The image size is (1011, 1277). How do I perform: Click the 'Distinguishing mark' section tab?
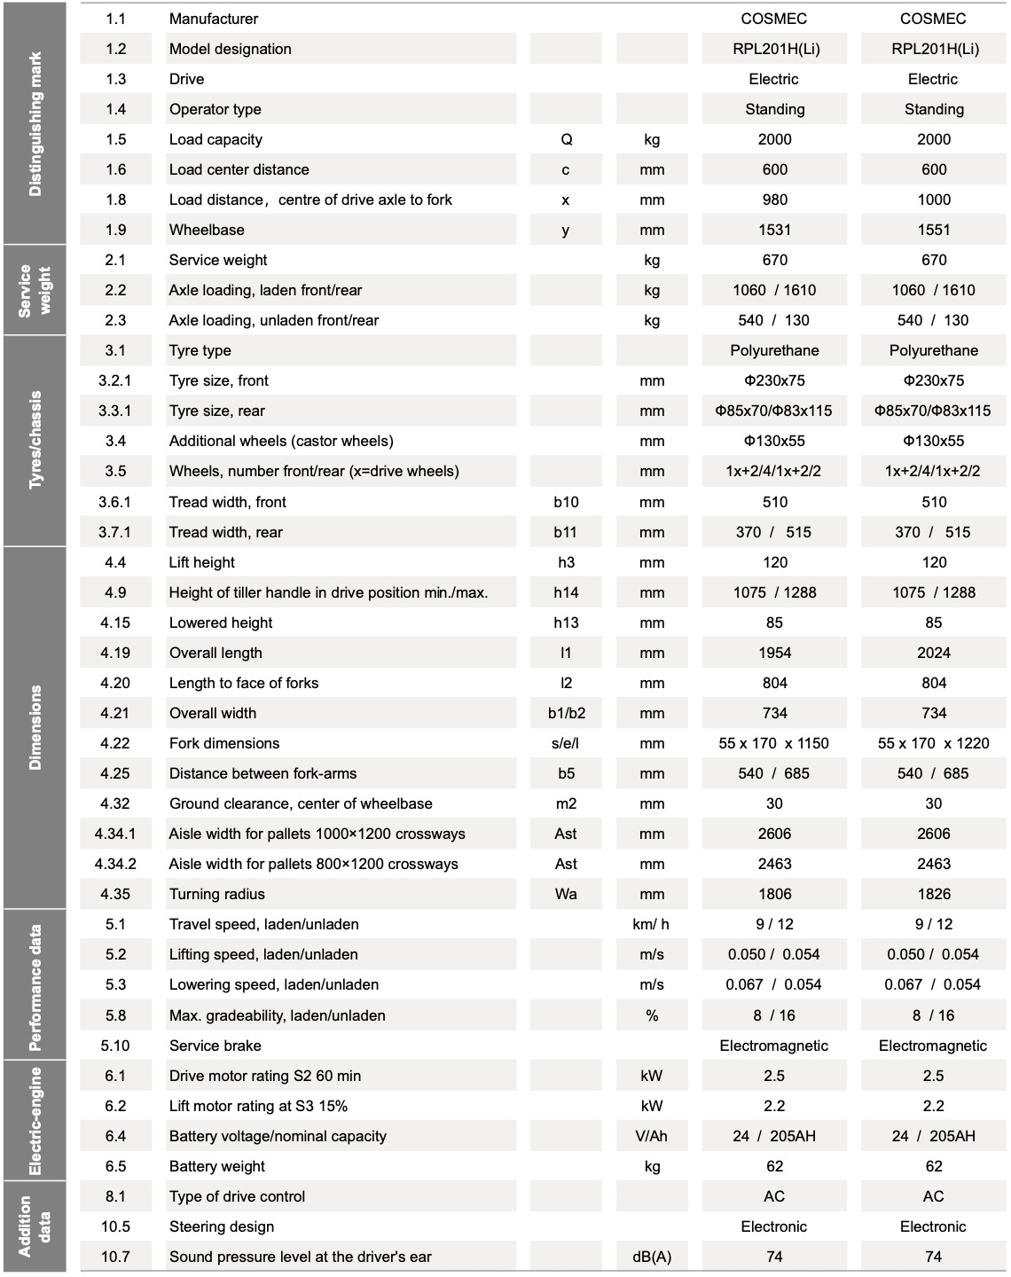pyautogui.click(x=35, y=123)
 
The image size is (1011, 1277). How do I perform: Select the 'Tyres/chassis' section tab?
pyautogui.click(x=35, y=440)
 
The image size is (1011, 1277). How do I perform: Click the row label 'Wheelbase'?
pyautogui.click(x=207, y=230)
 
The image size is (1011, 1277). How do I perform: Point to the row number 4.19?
pyautogui.click(x=115, y=653)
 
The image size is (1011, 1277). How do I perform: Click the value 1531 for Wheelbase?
pyautogui.click(x=774, y=230)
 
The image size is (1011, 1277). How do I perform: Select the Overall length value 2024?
pyautogui.click(x=933, y=653)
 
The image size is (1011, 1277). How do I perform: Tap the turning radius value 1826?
pyautogui.click(x=933, y=894)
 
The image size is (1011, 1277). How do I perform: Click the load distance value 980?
pyautogui.click(x=774, y=200)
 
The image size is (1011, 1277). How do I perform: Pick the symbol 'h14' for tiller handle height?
pyautogui.click(x=566, y=592)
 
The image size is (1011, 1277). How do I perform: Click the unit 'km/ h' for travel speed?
pyautogui.click(x=651, y=924)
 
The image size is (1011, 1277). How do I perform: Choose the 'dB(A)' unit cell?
pyautogui.click(x=651, y=1257)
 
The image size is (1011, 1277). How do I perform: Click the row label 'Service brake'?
pyautogui.click(x=215, y=1046)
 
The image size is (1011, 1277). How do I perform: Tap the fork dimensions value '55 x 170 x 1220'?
pyautogui.click(x=933, y=743)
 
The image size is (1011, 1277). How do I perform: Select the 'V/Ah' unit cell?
pyautogui.click(x=651, y=1136)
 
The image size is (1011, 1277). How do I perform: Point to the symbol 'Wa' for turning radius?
pyautogui.click(x=566, y=894)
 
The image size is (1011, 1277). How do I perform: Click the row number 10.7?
pyautogui.click(x=115, y=1257)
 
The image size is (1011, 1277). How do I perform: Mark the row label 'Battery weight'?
pyautogui.click(x=217, y=1166)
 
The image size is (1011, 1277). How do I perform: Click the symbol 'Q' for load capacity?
pyautogui.click(x=566, y=139)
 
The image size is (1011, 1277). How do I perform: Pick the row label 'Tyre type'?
pyautogui.click(x=200, y=350)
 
